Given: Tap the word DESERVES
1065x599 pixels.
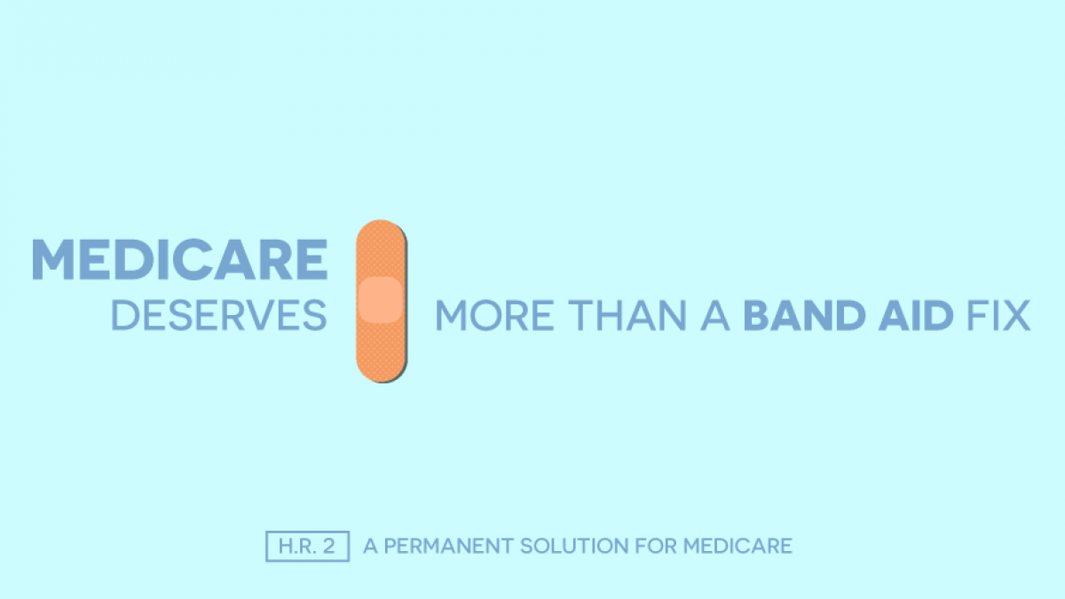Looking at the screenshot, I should [x=218, y=316].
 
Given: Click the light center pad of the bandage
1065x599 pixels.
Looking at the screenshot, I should [x=381, y=299].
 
